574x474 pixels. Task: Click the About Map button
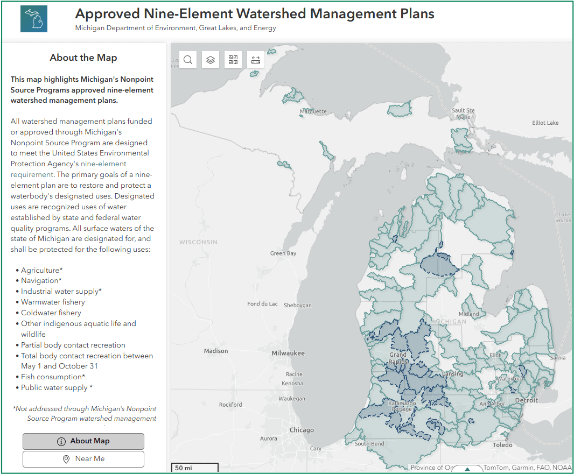point(83,441)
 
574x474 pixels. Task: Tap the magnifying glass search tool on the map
point(188,60)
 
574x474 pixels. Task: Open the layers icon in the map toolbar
point(211,60)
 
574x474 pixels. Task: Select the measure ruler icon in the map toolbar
point(256,60)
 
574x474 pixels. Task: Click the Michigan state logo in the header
point(34,19)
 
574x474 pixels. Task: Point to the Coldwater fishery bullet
point(51,313)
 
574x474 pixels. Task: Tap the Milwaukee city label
point(288,353)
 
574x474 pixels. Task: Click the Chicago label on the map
point(302,430)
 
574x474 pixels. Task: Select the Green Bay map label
point(283,253)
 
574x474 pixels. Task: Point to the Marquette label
point(313,111)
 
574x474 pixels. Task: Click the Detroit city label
point(526,400)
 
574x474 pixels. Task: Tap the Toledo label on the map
point(502,445)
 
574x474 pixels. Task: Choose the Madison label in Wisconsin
point(216,351)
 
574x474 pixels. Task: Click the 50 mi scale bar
point(194,468)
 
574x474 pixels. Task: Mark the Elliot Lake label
point(545,123)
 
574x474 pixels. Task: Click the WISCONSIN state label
point(199,242)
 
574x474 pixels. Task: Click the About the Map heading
point(83,58)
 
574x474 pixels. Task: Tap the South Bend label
point(369,444)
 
